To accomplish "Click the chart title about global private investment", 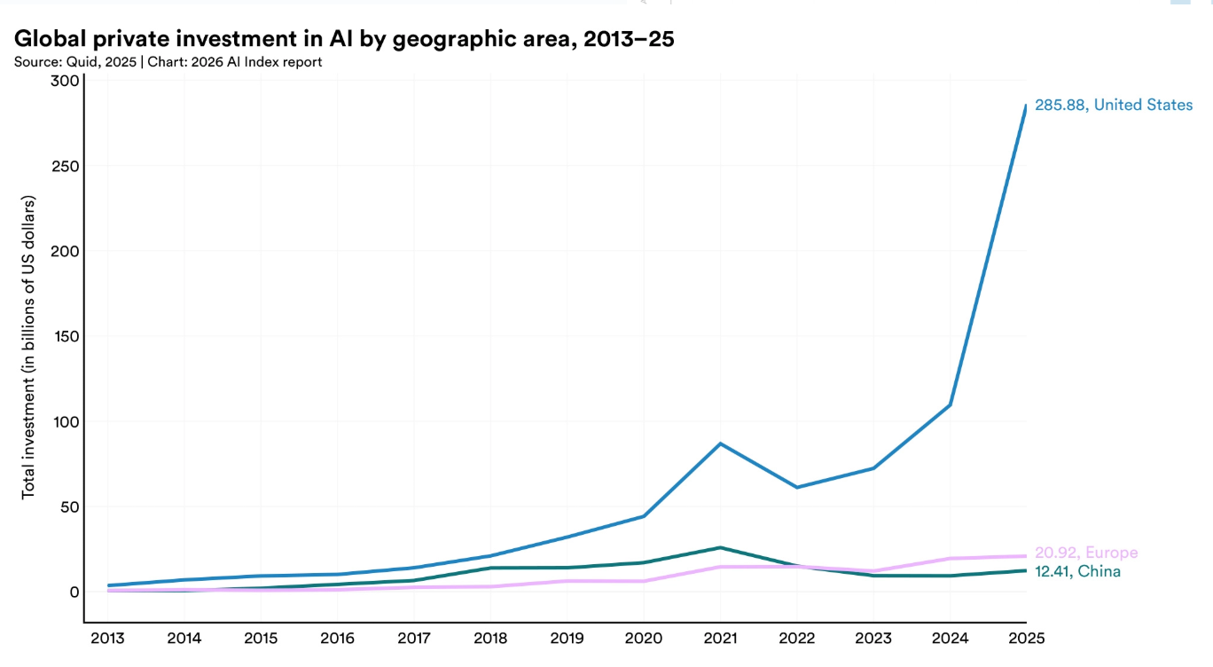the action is click(x=344, y=40).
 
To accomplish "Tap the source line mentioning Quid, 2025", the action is click(x=168, y=62).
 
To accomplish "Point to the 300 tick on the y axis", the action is click(x=65, y=82).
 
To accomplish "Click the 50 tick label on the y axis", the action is click(x=70, y=507).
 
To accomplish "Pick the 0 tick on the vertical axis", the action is click(x=74, y=592).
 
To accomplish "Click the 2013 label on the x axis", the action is click(x=107, y=639).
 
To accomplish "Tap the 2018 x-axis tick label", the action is click(x=490, y=639).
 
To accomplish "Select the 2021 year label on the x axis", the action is click(x=720, y=639).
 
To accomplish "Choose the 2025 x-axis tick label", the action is click(x=1026, y=639).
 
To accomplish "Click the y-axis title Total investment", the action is click(x=28, y=347).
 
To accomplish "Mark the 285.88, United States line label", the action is click(x=1114, y=106).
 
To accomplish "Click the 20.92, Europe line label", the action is click(x=1086, y=553).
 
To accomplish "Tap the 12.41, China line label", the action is click(x=1077, y=571).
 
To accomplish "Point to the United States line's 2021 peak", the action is click(x=720, y=443).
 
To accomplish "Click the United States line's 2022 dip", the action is click(x=797, y=487).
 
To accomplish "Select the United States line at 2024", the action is click(x=950, y=404).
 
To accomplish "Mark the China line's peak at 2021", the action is click(x=720, y=548).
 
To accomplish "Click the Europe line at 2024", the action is click(x=950, y=559).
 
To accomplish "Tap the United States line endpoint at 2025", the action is click(x=1026, y=106).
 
